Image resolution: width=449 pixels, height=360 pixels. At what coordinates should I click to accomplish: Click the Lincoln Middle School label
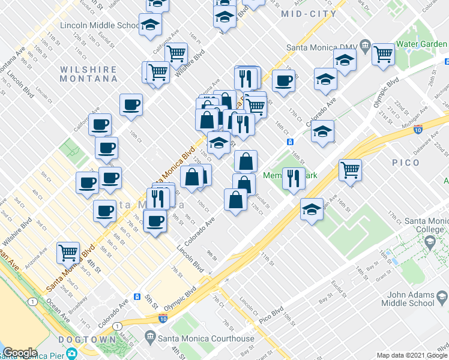pyautogui.click(x=98, y=26)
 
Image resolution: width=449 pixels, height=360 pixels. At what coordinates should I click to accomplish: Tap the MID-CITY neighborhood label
pyautogui.click(x=310, y=14)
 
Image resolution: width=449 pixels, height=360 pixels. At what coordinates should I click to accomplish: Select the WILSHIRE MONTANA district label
pyautogui.click(x=88, y=74)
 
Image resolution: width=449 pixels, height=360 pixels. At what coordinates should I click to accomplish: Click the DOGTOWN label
pyautogui.click(x=88, y=340)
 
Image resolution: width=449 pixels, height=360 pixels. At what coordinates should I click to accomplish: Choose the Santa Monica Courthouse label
pyautogui.click(x=206, y=339)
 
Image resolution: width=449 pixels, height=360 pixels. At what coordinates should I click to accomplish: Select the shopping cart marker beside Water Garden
pyautogui.click(x=383, y=54)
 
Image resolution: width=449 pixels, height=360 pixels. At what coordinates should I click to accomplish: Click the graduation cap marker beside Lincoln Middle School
pyautogui.click(x=150, y=25)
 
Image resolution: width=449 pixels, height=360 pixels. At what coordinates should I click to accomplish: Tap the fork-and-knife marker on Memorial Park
pyautogui.click(x=294, y=179)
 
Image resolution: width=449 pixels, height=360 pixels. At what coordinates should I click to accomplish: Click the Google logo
pyautogui.click(x=20, y=353)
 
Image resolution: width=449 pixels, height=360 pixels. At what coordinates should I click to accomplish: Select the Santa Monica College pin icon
pyautogui.click(x=430, y=242)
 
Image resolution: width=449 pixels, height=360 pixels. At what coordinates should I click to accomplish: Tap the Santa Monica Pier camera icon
pyautogui.click(x=72, y=354)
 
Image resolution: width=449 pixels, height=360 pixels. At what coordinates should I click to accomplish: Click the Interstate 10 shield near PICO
pyautogui.click(x=418, y=128)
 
